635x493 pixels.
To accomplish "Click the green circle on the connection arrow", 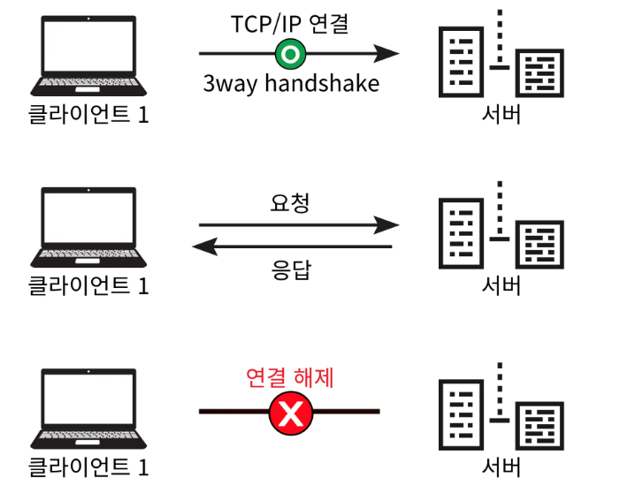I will point(288,55).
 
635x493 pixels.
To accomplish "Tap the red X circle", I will point(290,413).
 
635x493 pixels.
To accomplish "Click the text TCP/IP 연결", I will point(290,22).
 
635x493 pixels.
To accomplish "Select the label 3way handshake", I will point(291,85).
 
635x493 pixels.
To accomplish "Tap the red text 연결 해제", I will point(290,379).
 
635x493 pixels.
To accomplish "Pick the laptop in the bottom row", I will point(89,408).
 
